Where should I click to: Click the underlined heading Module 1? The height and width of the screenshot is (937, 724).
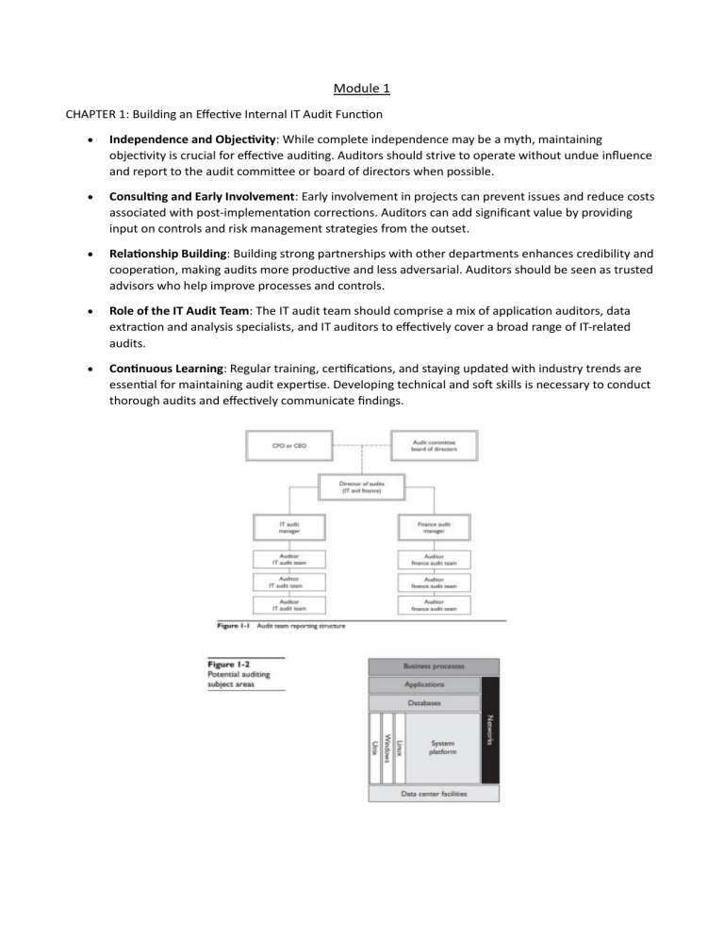(361, 90)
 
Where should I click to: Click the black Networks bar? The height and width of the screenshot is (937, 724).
(489, 730)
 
